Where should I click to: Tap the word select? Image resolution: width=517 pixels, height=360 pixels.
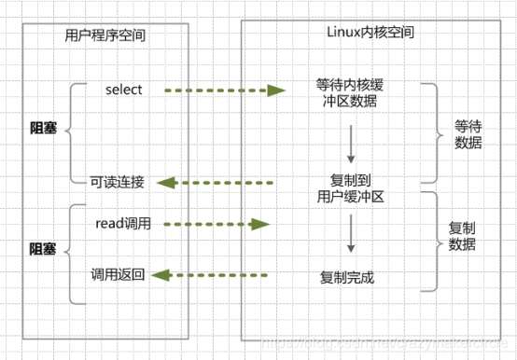[x=123, y=90]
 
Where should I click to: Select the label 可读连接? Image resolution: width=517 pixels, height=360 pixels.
[x=118, y=182]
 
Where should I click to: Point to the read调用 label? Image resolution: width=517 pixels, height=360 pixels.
[x=123, y=224]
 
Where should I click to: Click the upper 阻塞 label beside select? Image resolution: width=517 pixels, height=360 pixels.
[x=42, y=129]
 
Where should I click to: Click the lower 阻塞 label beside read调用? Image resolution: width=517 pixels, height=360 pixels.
[x=42, y=249]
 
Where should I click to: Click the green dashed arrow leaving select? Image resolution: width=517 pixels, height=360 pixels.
[x=224, y=90]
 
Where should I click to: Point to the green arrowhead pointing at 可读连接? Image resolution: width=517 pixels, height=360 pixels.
[x=164, y=183]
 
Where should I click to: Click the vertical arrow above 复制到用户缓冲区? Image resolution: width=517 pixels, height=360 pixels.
[x=349, y=143]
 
